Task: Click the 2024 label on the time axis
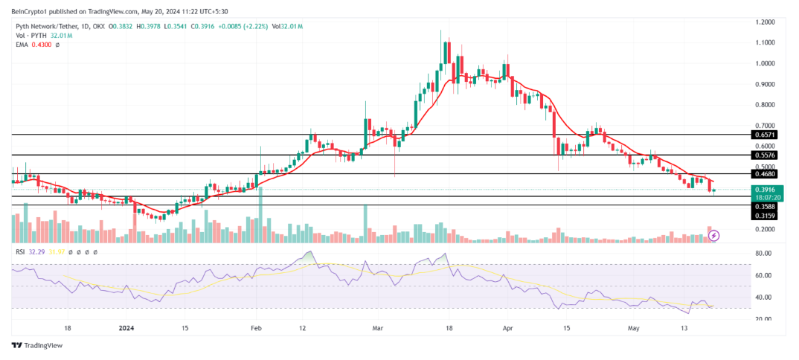(126, 327)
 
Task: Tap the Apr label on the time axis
(509, 327)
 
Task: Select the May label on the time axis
(632, 327)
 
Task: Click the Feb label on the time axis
(256, 327)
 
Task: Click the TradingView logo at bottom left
(36, 346)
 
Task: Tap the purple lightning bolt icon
(714, 236)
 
